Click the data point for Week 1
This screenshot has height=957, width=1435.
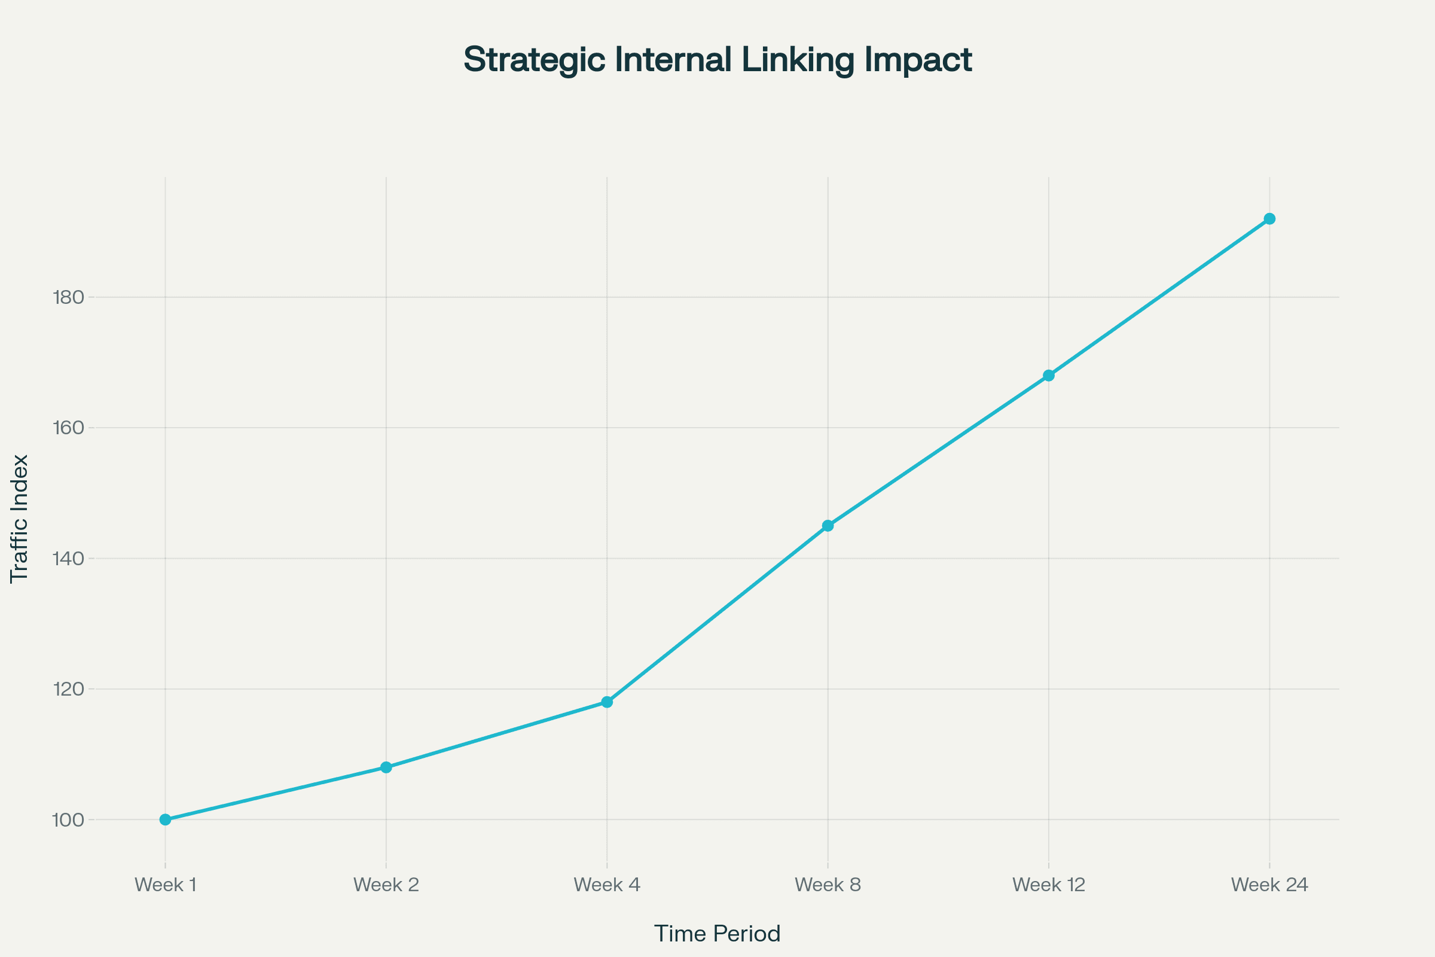click(166, 819)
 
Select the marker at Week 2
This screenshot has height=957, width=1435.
click(386, 767)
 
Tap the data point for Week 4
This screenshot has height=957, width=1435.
click(607, 702)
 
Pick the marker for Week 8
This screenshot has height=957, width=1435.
click(828, 526)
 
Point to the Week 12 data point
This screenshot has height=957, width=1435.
click(1049, 376)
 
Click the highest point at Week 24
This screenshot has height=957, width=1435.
click(1269, 218)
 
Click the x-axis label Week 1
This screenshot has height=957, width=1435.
click(166, 885)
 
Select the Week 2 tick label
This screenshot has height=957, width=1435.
click(386, 885)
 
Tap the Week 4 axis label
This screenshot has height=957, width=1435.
click(607, 885)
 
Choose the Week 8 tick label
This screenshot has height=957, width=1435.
click(828, 885)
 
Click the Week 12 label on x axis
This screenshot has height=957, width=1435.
click(1049, 885)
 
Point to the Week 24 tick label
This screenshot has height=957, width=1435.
click(1269, 885)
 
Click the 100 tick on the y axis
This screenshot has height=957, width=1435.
click(68, 819)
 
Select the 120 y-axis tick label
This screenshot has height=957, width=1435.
click(68, 689)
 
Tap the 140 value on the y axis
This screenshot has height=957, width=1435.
click(68, 559)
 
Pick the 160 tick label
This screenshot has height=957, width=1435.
click(68, 427)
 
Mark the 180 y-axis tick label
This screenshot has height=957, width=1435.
click(68, 297)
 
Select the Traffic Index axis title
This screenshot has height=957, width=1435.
click(20, 519)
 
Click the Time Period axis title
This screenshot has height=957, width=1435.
click(717, 934)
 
